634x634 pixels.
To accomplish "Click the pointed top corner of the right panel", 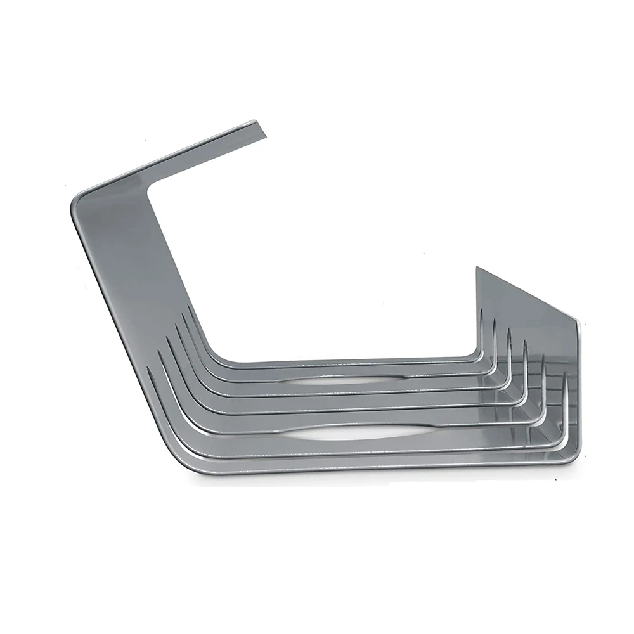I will pos(477,269).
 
